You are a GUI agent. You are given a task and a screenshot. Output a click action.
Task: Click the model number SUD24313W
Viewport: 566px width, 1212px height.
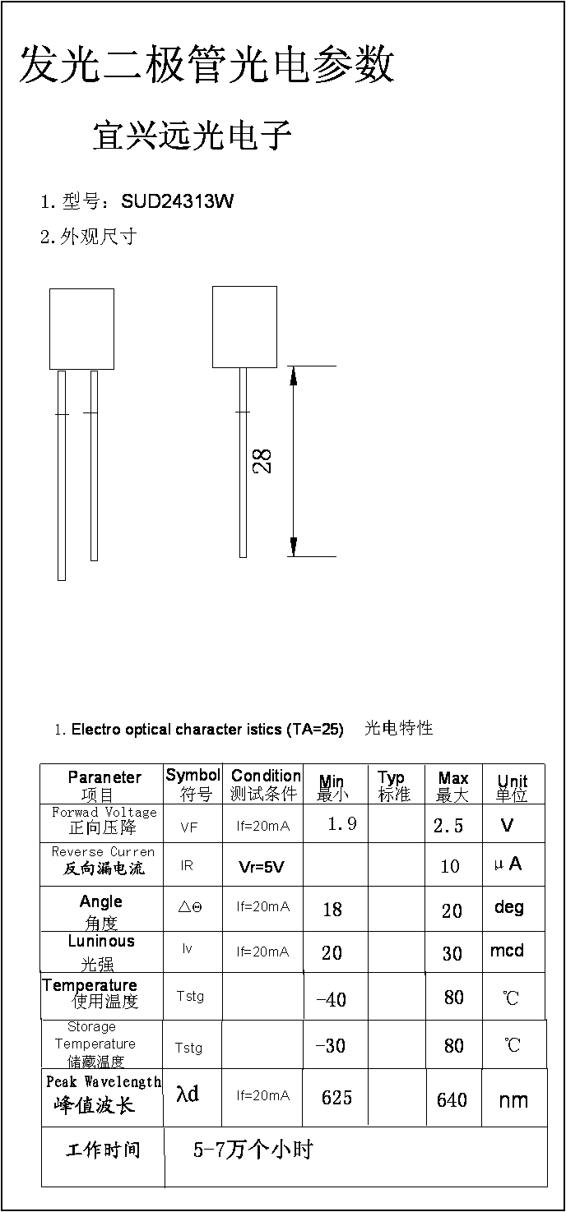tap(178, 201)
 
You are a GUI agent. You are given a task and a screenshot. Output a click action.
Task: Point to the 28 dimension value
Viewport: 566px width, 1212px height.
tap(262, 462)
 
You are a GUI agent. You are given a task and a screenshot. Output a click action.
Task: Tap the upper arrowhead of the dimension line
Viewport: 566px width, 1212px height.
tap(294, 376)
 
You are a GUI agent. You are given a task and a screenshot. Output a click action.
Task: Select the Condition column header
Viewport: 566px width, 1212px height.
tap(266, 776)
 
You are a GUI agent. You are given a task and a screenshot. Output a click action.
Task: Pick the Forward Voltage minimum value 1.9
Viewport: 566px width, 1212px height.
tap(341, 823)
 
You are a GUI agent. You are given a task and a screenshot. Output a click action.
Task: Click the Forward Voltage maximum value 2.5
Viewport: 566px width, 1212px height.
tap(448, 825)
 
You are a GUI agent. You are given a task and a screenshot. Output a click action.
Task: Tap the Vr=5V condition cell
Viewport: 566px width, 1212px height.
tap(261, 868)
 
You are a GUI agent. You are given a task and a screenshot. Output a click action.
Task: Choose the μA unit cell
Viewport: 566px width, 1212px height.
tap(508, 864)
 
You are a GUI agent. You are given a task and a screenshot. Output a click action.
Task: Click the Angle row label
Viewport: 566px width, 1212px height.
tap(101, 901)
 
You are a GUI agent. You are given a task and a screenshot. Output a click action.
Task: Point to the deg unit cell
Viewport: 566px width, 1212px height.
tap(509, 907)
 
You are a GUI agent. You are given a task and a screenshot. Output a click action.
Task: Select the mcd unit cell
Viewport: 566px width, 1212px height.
tap(507, 950)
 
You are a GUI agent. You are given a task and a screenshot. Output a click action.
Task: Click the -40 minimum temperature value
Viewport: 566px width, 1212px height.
tap(331, 999)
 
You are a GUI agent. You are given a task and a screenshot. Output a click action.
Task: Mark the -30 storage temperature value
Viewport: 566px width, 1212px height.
tap(331, 1046)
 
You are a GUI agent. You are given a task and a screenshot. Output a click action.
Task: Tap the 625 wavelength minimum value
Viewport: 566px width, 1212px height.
tap(336, 1098)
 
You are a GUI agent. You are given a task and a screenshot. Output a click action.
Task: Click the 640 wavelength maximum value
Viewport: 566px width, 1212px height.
tap(452, 1099)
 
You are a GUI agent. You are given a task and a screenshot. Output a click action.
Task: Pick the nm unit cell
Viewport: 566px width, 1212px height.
tap(513, 1100)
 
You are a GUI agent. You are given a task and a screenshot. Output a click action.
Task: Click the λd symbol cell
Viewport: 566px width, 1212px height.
tap(188, 1094)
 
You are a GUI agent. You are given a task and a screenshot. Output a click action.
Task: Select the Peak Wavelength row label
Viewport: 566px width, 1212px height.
tap(104, 1081)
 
